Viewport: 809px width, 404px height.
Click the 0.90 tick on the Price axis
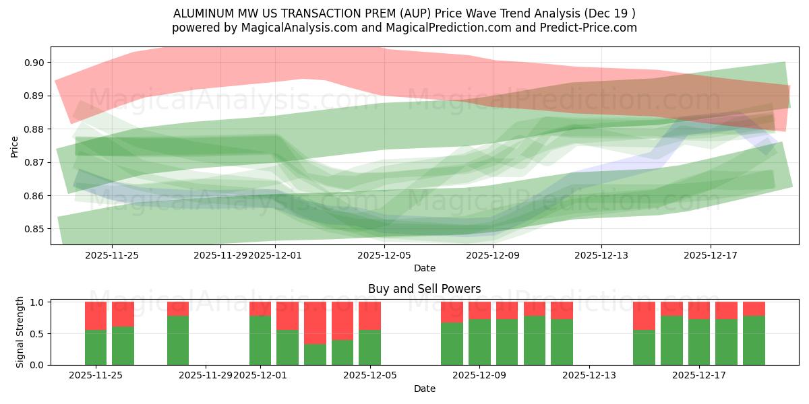pyautogui.click(x=34, y=63)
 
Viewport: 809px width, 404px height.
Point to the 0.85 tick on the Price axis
pyautogui.click(x=34, y=229)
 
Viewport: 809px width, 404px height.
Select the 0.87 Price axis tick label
pyautogui.click(x=34, y=162)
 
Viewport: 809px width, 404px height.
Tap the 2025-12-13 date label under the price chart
pyautogui.click(x=601, y=255)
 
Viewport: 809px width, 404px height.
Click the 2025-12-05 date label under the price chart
pyautogui.click(x=384, y=255)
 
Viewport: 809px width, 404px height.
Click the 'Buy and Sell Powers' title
pyautogui.click(x=424, y=289)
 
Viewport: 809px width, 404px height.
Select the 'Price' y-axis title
pyautogui.click(x=15, y=146)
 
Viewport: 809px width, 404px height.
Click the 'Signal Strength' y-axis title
pyautogui.click(x=20, y=332)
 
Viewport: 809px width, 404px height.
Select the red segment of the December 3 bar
pyautogui.click(x=315, y=323)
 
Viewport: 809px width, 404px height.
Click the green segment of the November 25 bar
pyautogui.click(x=96, y=347)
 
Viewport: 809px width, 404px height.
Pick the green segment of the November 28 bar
pyautogui.click(x=178, y=340)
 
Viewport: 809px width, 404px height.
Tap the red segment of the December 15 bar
pyautogui.click(x=644, y=316)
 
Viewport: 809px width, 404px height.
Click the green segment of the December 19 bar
pyautogui.click(x=754, y=340)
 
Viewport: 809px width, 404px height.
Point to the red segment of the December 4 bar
pyautogui.click(x=342, y=321)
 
